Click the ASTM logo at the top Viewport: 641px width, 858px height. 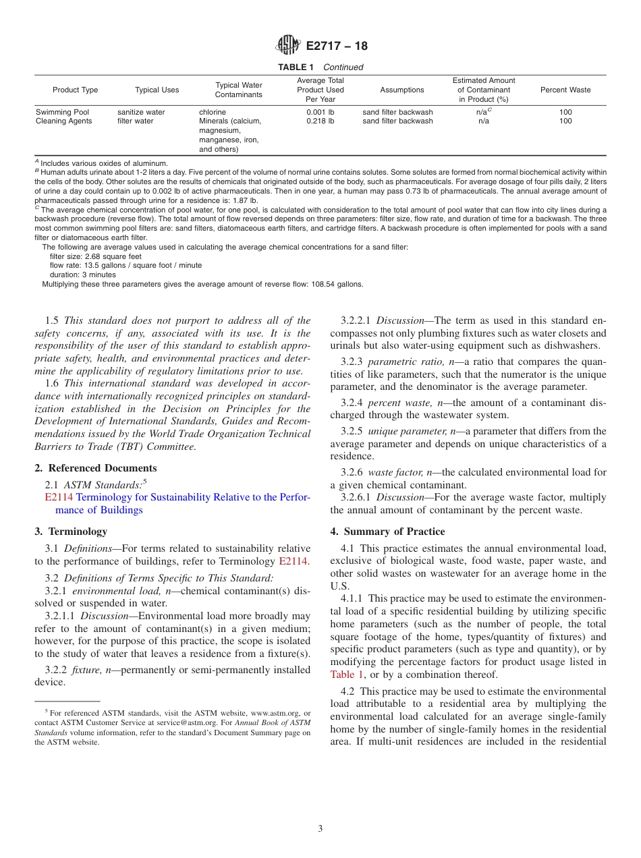click(x=288, y=46)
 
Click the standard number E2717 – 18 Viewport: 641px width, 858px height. click(x=337, y=47)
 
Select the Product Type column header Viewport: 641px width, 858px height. click(x=76, y=90)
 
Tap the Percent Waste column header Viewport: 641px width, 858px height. click(x=565, y=90)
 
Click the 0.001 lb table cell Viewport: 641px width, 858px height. click(x=320, y=112)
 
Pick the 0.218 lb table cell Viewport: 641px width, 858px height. click(x=320, y=121)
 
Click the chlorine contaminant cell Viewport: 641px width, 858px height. click(x=213, y=112)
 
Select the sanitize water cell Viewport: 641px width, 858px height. click(x=141, y=112)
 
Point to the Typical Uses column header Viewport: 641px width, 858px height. click(x=157, y=90)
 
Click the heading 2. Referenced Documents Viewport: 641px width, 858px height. click(x=96, y=468)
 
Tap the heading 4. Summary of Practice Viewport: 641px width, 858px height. click(x=387, y=531)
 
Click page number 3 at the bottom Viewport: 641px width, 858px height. click(x=320, y=829)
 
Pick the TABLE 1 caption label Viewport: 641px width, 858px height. click(x=297, y=67)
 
